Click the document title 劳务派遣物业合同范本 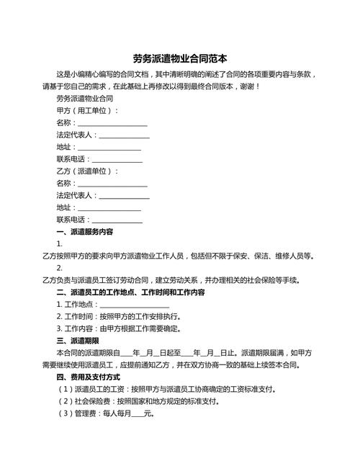click(180, 58)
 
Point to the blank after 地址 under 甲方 click(109, 147)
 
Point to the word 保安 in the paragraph click(240, 256)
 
